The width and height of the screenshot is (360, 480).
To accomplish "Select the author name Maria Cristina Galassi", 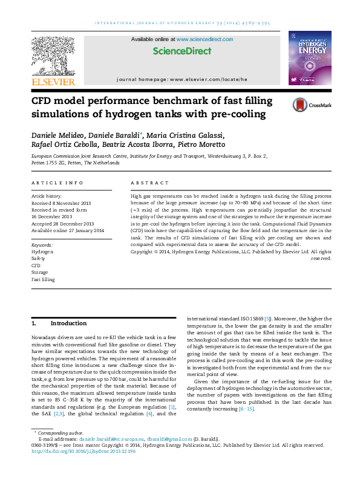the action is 196,134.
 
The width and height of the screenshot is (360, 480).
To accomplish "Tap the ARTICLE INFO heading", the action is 57,183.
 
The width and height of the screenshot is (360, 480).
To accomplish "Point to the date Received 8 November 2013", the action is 61,203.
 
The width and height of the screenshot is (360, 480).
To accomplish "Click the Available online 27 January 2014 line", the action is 68,230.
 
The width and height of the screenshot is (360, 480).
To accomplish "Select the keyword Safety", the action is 39,258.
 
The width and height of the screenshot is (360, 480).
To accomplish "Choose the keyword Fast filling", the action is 43,280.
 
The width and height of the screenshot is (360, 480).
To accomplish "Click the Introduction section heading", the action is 68,323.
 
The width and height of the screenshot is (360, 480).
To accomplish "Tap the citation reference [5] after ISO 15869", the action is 267,318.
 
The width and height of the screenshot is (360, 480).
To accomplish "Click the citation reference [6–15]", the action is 246,409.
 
